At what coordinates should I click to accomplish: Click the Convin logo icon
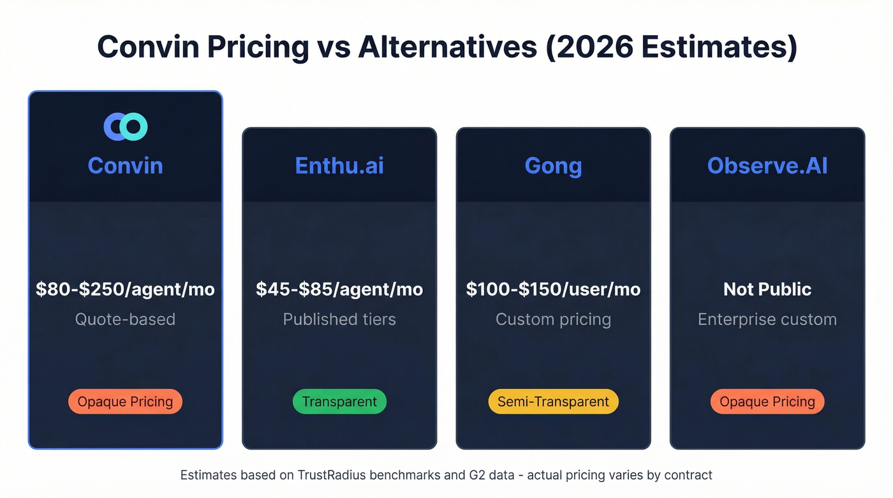(x=126, y=127)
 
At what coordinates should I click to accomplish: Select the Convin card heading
(x=126, y=166)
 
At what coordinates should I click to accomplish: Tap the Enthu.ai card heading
(x=339, y=166)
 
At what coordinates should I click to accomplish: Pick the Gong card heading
(x=553, y=166)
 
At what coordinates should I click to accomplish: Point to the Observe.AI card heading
(x=767, y=166)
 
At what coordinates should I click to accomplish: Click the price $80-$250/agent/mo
(x=126, y=289)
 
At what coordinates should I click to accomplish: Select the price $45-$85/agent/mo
(x=339, y=289)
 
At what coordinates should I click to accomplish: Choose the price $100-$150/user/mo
(x=553, y=289)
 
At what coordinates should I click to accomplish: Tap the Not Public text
(x=767, y=289)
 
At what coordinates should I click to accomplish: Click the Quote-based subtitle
(x=126, y=319)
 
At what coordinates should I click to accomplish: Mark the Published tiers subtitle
(x=339, y=319)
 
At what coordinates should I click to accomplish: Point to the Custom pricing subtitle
(x=553, y=319)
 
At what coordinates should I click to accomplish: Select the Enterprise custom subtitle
(x=767, y=319)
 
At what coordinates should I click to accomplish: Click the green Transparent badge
(x=339, y=402)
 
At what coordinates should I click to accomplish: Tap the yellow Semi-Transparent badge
(x=553, y=402)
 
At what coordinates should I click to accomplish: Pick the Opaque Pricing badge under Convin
(x=126, y=402)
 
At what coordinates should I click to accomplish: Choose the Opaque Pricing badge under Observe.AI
(x=767, y=402)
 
